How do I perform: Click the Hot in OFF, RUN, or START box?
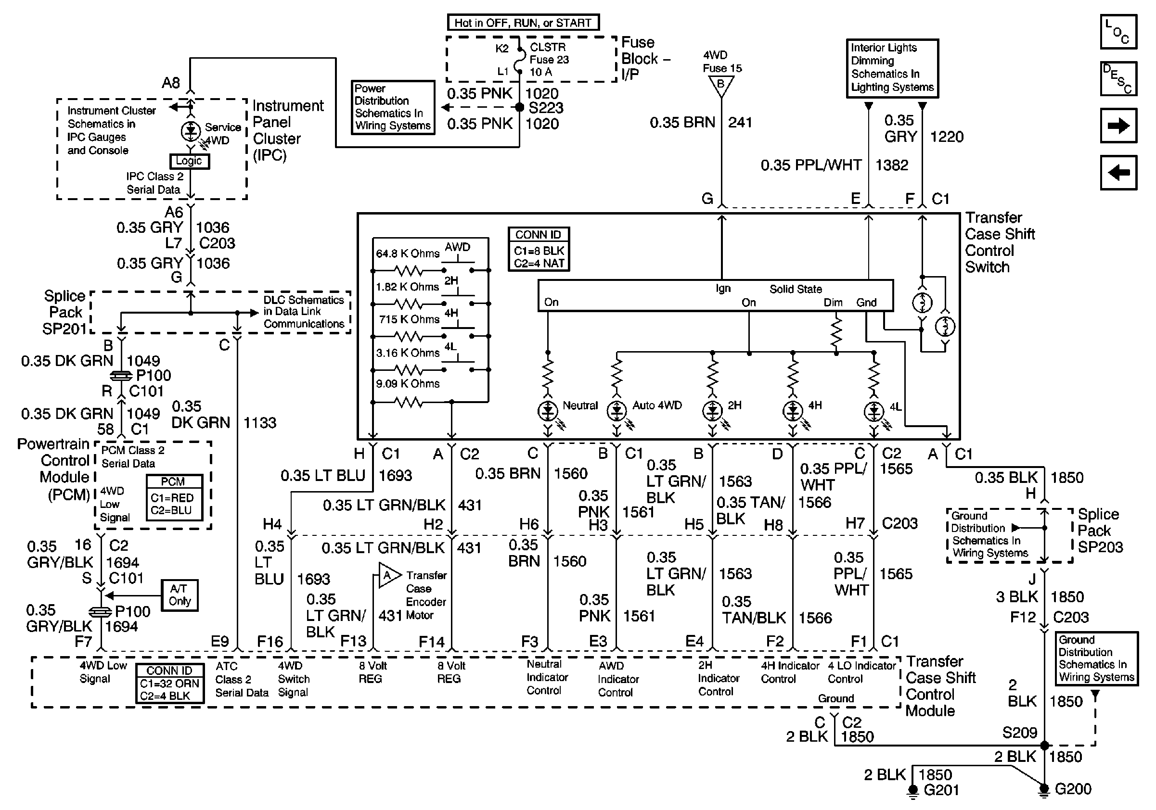click(523, 23)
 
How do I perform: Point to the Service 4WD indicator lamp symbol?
click(190, 131)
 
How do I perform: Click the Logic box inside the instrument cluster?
click(189, 161)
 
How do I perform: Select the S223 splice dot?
click(520, 107)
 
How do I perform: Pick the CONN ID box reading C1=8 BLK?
click(539, 250)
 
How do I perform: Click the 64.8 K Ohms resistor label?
click(407, 253)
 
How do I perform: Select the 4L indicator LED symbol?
click(873, 412)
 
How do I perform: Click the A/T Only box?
click(180, 595)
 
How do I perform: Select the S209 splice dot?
click(1044, 745)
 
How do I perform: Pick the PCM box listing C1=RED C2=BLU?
click(174, 497)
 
